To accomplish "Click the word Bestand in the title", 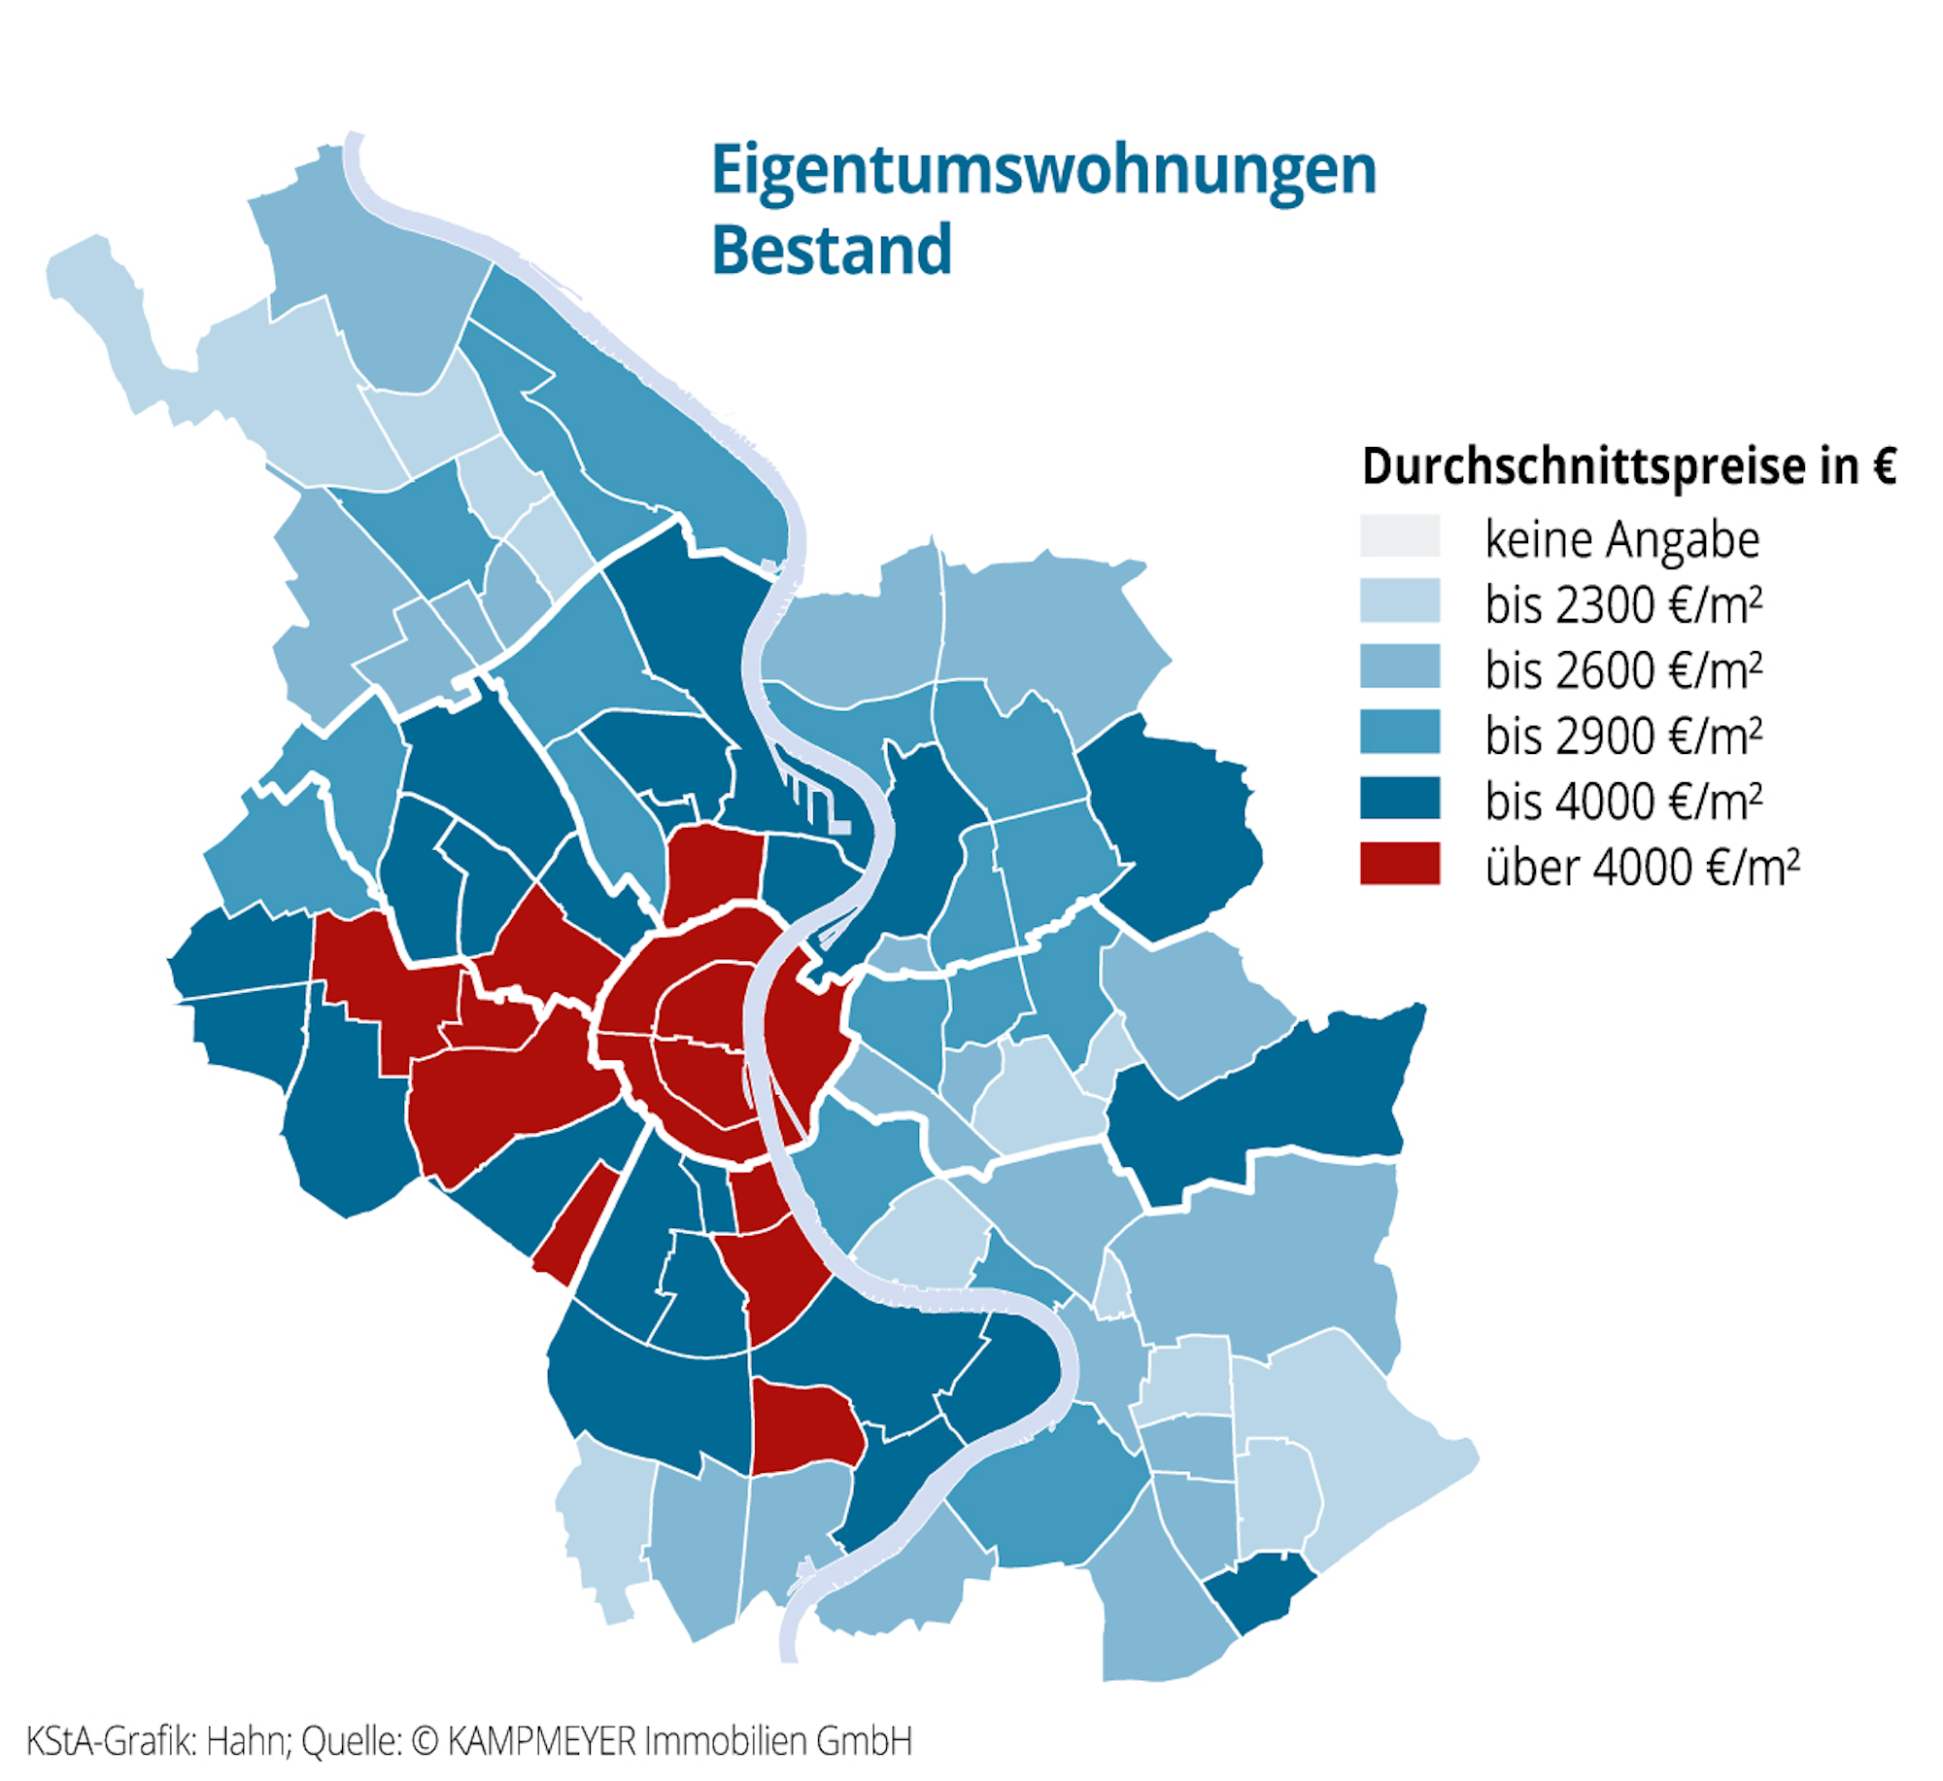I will tap(832, 251).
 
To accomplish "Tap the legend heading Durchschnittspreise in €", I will tap(1628, 465).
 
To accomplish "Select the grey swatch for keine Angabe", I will tap(1399, 536).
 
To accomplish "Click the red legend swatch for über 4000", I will tap(1399, 864).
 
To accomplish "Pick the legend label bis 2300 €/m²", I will tap(1622, 604).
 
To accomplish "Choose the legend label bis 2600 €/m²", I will tap(1622, 670).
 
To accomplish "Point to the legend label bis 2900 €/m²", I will tap(1622, 736).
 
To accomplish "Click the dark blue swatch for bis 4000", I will tap(1399, 799).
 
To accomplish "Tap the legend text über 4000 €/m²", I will tap(1642, 866).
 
